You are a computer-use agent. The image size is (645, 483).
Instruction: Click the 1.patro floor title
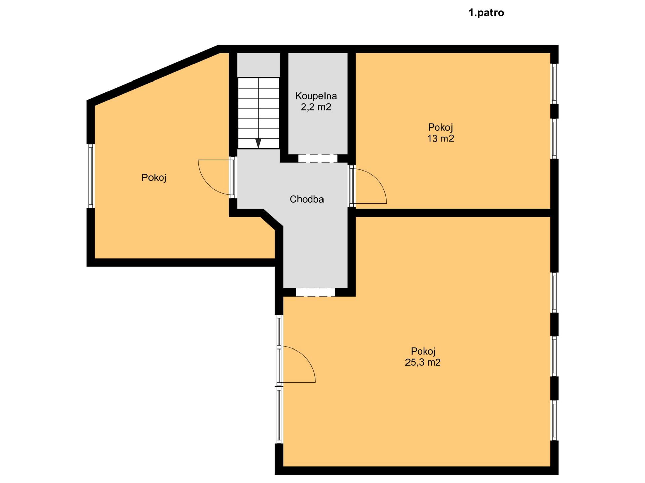pyautogui.click(x=486, y=13)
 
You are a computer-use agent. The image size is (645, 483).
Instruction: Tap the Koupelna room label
pyautogui.click(x=316, y=96)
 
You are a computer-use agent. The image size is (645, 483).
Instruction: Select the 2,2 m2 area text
pyautogui.click(x=316, y=107)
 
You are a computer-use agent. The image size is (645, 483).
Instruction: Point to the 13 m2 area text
pyautogui.click(x=440, y=138)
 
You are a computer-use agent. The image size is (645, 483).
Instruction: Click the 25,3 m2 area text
pyautogui.click(x=423, y=362)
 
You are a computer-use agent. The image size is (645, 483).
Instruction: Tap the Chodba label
pyautogui.click(x=307, y=199)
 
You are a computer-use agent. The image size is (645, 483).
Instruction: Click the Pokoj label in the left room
pyautogui.click(x=154, y=178)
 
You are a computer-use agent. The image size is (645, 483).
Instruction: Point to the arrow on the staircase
pyautogui.click(x=258, y=143)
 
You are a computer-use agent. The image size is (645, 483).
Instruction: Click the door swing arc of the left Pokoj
pyautogui.click(x=210, y=178)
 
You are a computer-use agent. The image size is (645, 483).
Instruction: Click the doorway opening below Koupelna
pyautogui.click(x=318, y=158)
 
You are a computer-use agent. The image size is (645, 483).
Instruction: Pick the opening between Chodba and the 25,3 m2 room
pyautogui.click(x=315, y=292)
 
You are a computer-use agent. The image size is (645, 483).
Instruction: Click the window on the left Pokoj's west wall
pyautogui.click(x=91, y=176)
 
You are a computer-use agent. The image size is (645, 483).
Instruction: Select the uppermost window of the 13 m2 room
pyautogui.click(x=554, y=84)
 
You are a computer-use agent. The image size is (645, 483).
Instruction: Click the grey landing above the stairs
pyautogui.click(x=259, y=65)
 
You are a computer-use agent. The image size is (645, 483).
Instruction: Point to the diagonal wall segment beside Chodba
pyautogui.click(x=271, y=219)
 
